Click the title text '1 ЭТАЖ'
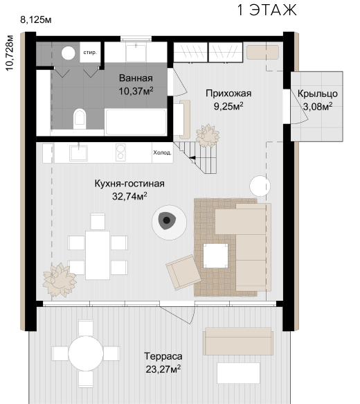click(x=267, y=10)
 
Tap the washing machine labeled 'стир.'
click(x=90, y=52)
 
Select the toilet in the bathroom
click(x=80, y=119)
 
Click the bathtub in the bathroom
click(x=136, y=122)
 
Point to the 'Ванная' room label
click(x=136, y=78)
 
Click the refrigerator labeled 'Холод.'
click(x=163, y=152)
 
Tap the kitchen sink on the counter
click(x=78, y=152)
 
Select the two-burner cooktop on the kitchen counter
click(x=120, y=152)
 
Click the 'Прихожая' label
click(x=228, y=94)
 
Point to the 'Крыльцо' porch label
click(x=318, y=94)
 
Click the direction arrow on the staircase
click(x=192, y=158)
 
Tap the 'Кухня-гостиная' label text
click(x=129, y=184)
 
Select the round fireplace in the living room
click(x=169, y=222)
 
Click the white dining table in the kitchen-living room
click(x=98, y=255)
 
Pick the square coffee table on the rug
click(x=215, y=256)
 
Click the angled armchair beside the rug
click(x=183, y=272)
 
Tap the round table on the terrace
click(x=86, y=353)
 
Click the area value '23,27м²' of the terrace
click(x=163, y=369)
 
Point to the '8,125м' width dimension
click(x=36, y=20)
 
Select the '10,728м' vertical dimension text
click(x=9, y=53)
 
